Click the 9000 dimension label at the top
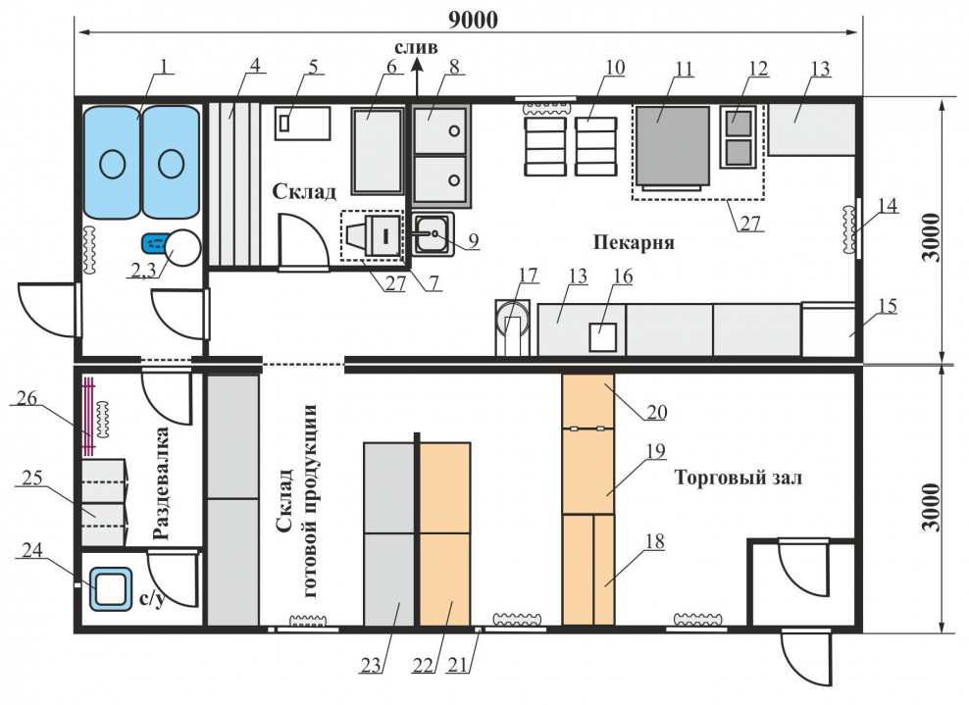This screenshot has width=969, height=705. (x=473, y=19)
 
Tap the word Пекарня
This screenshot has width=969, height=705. (x=633, y=240)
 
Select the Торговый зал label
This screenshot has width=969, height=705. (x=738, y=478)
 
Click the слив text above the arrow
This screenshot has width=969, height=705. (x=416, y=47)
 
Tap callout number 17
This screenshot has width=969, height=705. (x=529, y=276)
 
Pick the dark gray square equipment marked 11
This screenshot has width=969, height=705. (x=672, y=145)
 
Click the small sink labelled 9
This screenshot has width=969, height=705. (x=432, y=235)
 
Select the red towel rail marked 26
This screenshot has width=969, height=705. (x=88, y=416)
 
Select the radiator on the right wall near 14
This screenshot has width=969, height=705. (x=848, y=227)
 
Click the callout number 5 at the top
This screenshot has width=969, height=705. (x=313, y=68)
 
